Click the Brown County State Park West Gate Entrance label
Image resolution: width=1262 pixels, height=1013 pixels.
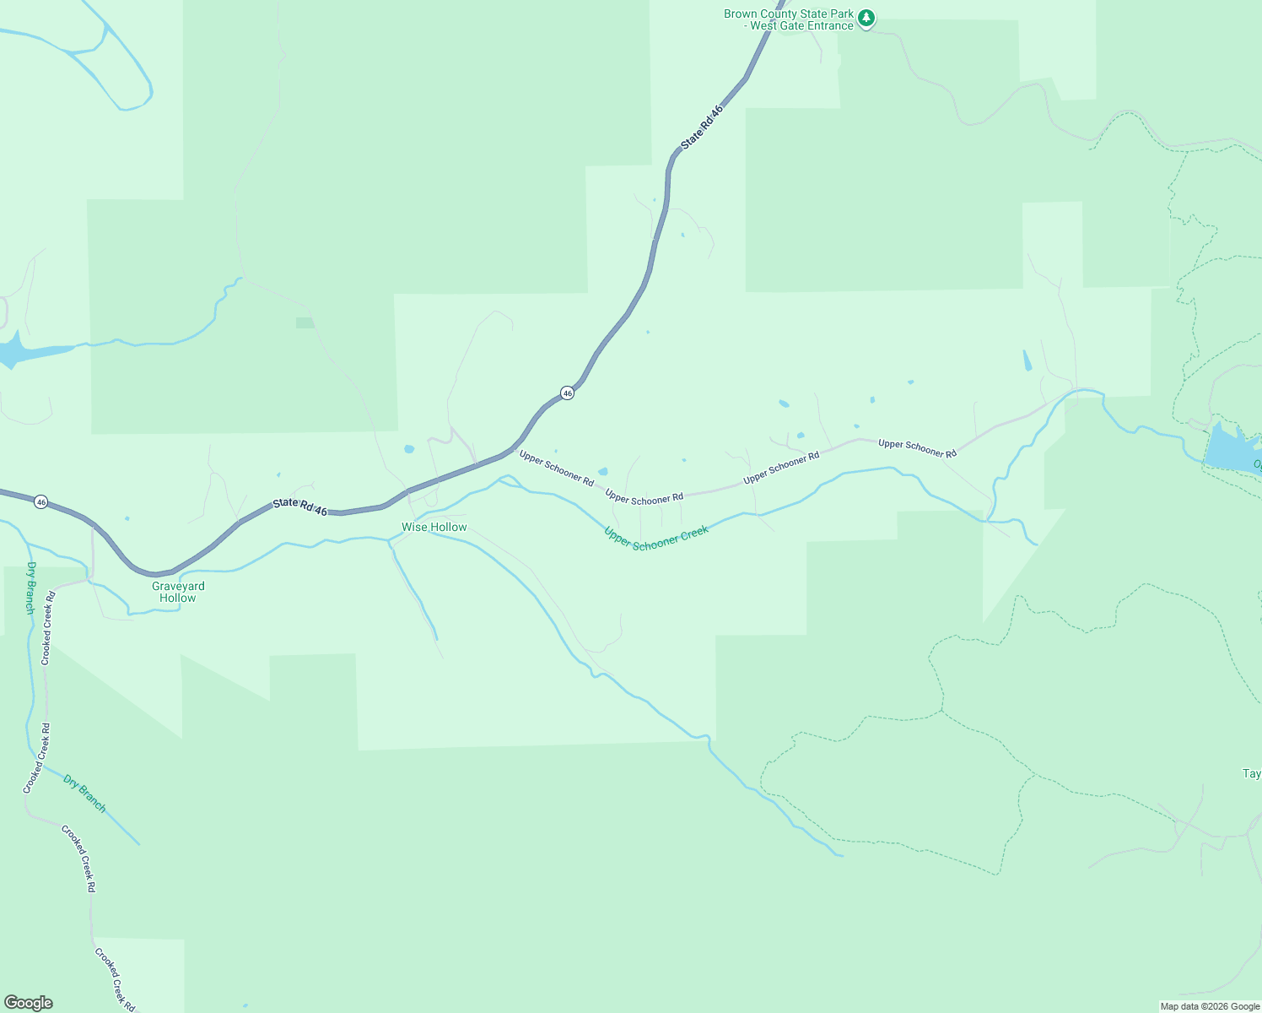point(789,19)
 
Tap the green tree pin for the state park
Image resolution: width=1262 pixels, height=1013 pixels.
point(866,18)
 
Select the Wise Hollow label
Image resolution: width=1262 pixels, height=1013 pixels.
point(434,527)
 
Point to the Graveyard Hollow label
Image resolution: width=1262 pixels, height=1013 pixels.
point(178,592)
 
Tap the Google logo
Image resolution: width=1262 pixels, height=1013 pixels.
point(28,1003)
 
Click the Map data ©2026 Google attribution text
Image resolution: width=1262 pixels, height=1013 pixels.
point(1210,1006)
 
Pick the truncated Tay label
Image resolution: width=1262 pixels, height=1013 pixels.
point(1252,773)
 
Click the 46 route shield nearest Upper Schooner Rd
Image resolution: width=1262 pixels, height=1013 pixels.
point(568,393)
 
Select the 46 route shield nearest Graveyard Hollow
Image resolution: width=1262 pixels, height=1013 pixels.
point(40,502)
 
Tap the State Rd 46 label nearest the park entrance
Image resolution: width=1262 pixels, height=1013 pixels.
point(702,127)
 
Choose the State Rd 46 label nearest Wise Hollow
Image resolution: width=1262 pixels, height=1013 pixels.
point(299,506)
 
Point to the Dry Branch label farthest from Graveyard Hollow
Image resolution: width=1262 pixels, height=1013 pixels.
point(85,794)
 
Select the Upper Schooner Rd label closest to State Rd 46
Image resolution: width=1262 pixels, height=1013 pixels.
point(557,469)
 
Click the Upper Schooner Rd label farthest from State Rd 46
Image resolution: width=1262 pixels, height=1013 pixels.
point(917,448)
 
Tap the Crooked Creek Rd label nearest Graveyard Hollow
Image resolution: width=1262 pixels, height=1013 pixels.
point(48,628)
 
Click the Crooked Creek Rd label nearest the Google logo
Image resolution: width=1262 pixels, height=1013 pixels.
point(115,979)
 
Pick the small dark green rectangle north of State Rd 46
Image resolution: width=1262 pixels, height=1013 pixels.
point(305,322)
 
